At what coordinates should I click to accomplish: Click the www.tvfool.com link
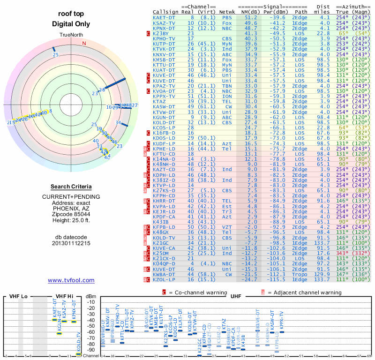(x=71, y=280)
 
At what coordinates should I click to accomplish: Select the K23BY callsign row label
(x=161, y=33)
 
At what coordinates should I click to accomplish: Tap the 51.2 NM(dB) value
(x=251, y=18)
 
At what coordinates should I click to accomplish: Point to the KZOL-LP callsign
(x=164, y=279)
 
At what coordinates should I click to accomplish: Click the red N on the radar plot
(x=84, y=44)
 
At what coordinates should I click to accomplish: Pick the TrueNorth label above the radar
(x=71, y=36)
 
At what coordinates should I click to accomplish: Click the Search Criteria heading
(x=71, y=187)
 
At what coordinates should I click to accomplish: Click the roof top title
(x=71, y=14)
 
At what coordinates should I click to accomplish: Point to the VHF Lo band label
(x=18, y=296)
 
